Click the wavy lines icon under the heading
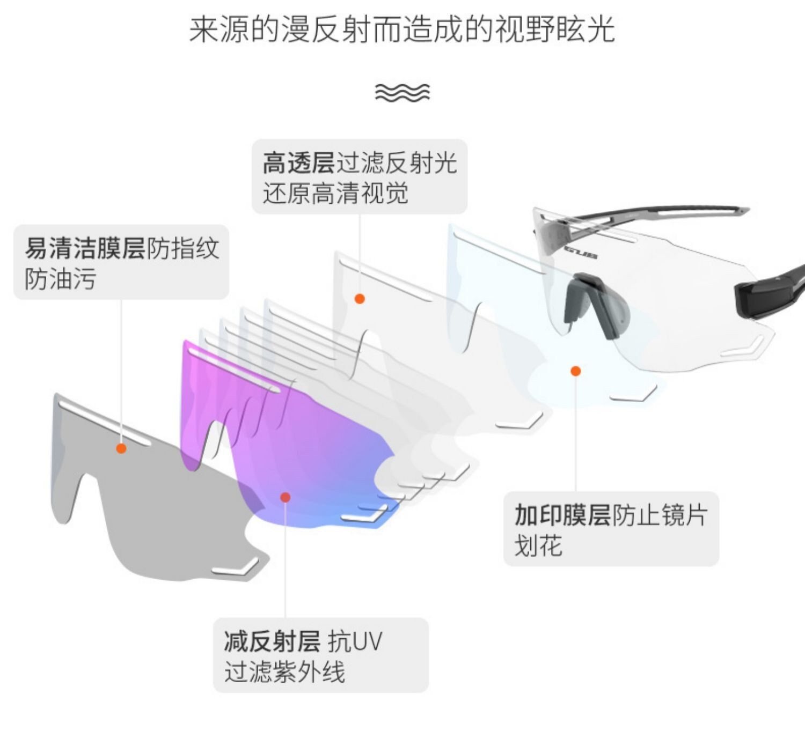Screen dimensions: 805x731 click(402, 92)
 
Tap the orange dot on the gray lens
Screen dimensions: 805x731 click(121, 448)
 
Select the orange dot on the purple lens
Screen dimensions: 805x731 click(286, 498)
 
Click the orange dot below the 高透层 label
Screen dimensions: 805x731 click(360, 299)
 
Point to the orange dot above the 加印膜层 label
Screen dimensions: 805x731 click(576, 371)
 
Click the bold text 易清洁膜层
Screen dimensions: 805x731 click(85, 248)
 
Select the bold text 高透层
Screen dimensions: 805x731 click(298, 163)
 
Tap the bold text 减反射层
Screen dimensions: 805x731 click(272, 641)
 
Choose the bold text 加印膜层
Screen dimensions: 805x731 click(562, 515)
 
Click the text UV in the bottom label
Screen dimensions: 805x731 click(368, 641)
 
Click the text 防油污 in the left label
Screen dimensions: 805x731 click(60, 279)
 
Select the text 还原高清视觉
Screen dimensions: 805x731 click(335, 193)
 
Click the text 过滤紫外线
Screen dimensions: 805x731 click(284, 671)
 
